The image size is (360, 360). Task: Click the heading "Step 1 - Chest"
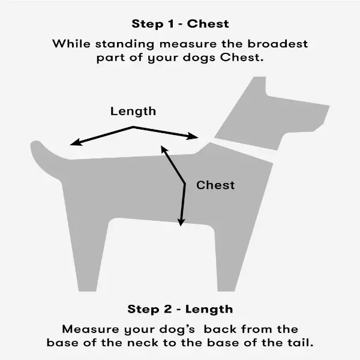pyautogui.click(x=180, y=24)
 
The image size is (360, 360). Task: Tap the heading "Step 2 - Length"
pyautogui.click(x=180, y=309)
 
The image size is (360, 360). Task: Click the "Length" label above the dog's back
pyautogui.click(x=133, y=112)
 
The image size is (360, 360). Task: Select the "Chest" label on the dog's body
pyautogui.click(x=215, y=185)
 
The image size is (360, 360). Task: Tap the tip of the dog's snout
pyautogui.click(x=329, y=106)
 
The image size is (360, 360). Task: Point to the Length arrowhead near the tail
pyautogui.click(x=75, y=142)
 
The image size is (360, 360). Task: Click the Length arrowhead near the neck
pyautogui.click(x=193, y=136)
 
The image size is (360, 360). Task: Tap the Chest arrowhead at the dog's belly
pyautogui.click(x=181, y=222)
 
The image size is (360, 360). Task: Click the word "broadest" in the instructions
pyautogui.click(x=278, y=44)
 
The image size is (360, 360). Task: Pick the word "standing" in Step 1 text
pyautogui.click(x=125, y=44)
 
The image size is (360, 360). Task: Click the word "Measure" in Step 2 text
pyautogui.click(x=91, y=329)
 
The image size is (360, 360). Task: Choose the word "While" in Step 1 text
pyautogui.click(x=71, y=44)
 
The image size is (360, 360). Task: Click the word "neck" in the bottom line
pyautogui.click(x=143, y=343)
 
